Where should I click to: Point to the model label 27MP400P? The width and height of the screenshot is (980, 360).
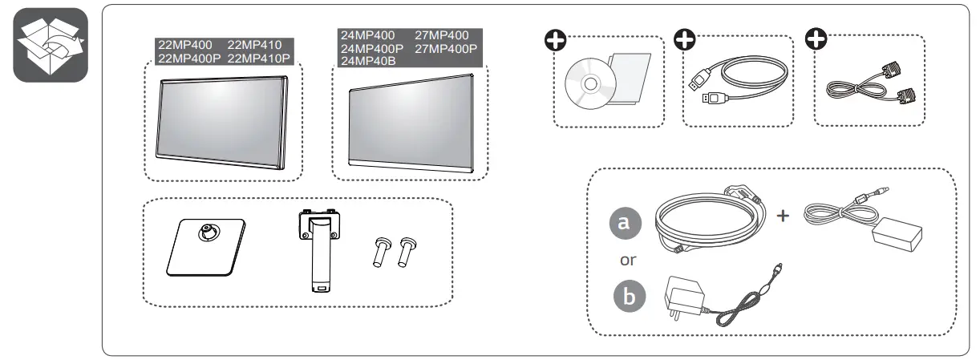(446, 49)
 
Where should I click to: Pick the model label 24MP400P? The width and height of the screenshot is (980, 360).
(372, 49)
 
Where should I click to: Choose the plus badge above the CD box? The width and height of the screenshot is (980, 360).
(554, 41)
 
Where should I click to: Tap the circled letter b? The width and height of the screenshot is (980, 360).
(629, 297)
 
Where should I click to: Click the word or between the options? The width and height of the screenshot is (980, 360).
(629, 261)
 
